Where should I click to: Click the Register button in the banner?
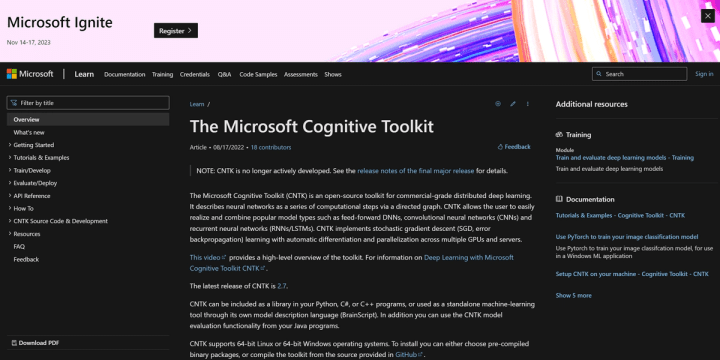point(176,31)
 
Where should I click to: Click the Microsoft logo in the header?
point(30,74)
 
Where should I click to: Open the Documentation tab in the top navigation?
point(124,74)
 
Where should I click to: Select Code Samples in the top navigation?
point(257,74)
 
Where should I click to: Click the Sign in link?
point(704,74)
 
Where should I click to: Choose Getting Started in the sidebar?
point(34,144)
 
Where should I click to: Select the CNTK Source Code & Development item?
point(61,221)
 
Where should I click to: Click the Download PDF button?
point(40,343)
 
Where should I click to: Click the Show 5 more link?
point(575,295)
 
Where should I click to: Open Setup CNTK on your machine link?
point(632,274)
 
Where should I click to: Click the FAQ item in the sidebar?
point(19,246)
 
